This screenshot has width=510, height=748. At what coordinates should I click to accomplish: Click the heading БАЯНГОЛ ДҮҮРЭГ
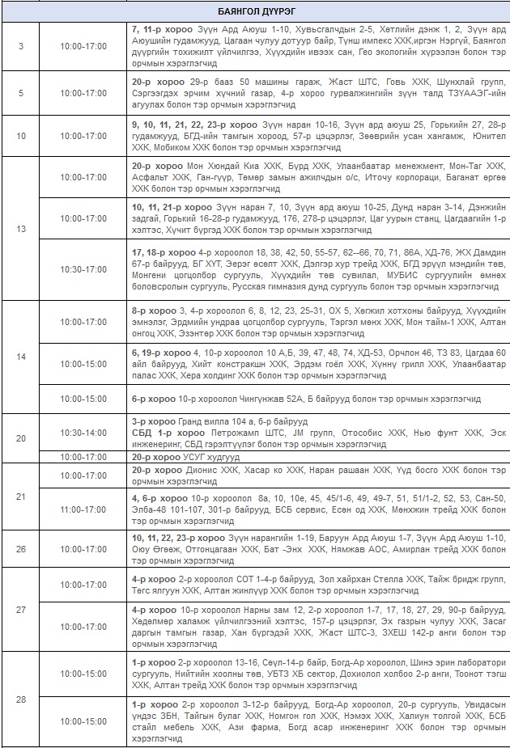point(255,11)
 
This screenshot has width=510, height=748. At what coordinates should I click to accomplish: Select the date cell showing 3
point(21,45)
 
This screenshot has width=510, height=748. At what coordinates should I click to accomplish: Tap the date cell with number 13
point(21,229)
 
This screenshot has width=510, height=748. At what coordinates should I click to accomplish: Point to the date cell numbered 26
point(21,548)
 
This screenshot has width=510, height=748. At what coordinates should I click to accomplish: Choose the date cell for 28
point(21,699)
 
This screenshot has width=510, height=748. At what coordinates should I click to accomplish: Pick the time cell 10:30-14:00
point(83,433)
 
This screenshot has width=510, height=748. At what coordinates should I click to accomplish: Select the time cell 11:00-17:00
point(83,510)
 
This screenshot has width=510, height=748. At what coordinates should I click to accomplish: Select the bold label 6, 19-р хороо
point(159,353)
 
